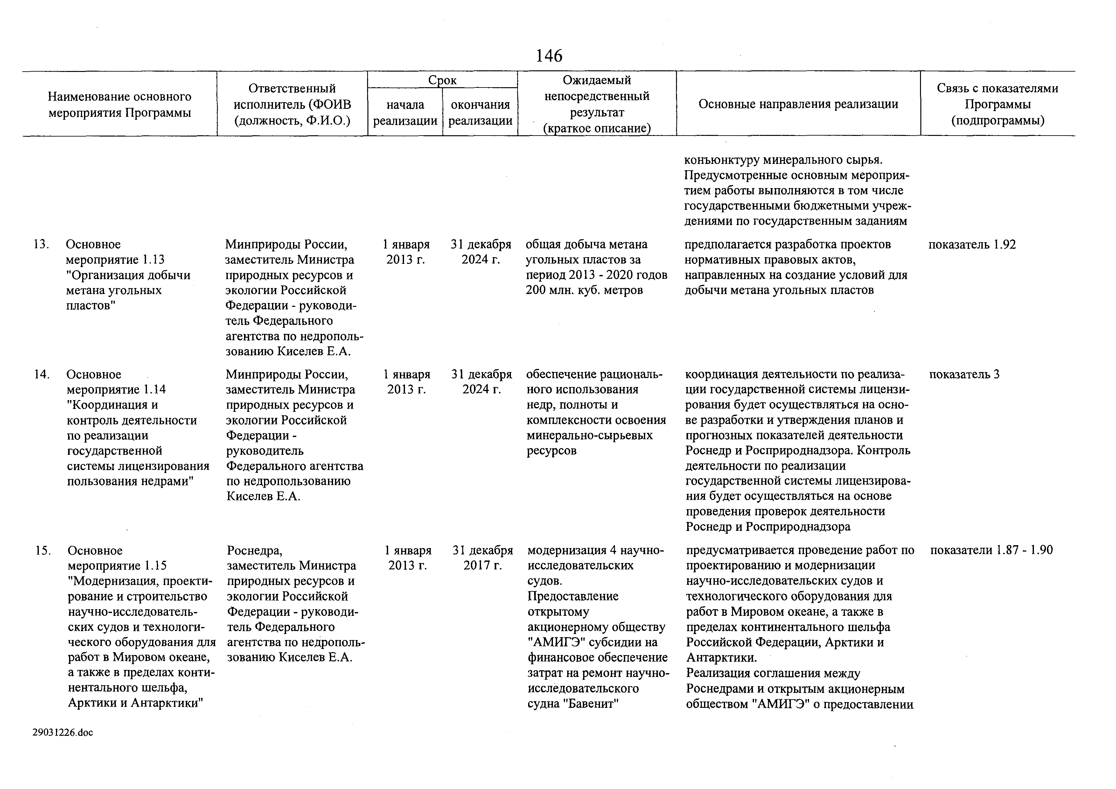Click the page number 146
[x=549, y=56]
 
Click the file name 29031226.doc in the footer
[x=63, y=732]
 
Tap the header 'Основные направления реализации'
[x=798, y=104]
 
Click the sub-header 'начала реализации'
[x=405, y=112]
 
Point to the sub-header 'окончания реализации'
[x=480, y=112]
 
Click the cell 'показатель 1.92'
[x=972, y=244]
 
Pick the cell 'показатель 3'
[x=964, y=374]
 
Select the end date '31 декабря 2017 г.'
[x=483, y=558]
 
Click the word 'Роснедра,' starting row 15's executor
[x=254, y=550]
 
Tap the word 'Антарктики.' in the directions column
[x=721, y=658]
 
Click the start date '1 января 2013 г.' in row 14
[x=407, y=382]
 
